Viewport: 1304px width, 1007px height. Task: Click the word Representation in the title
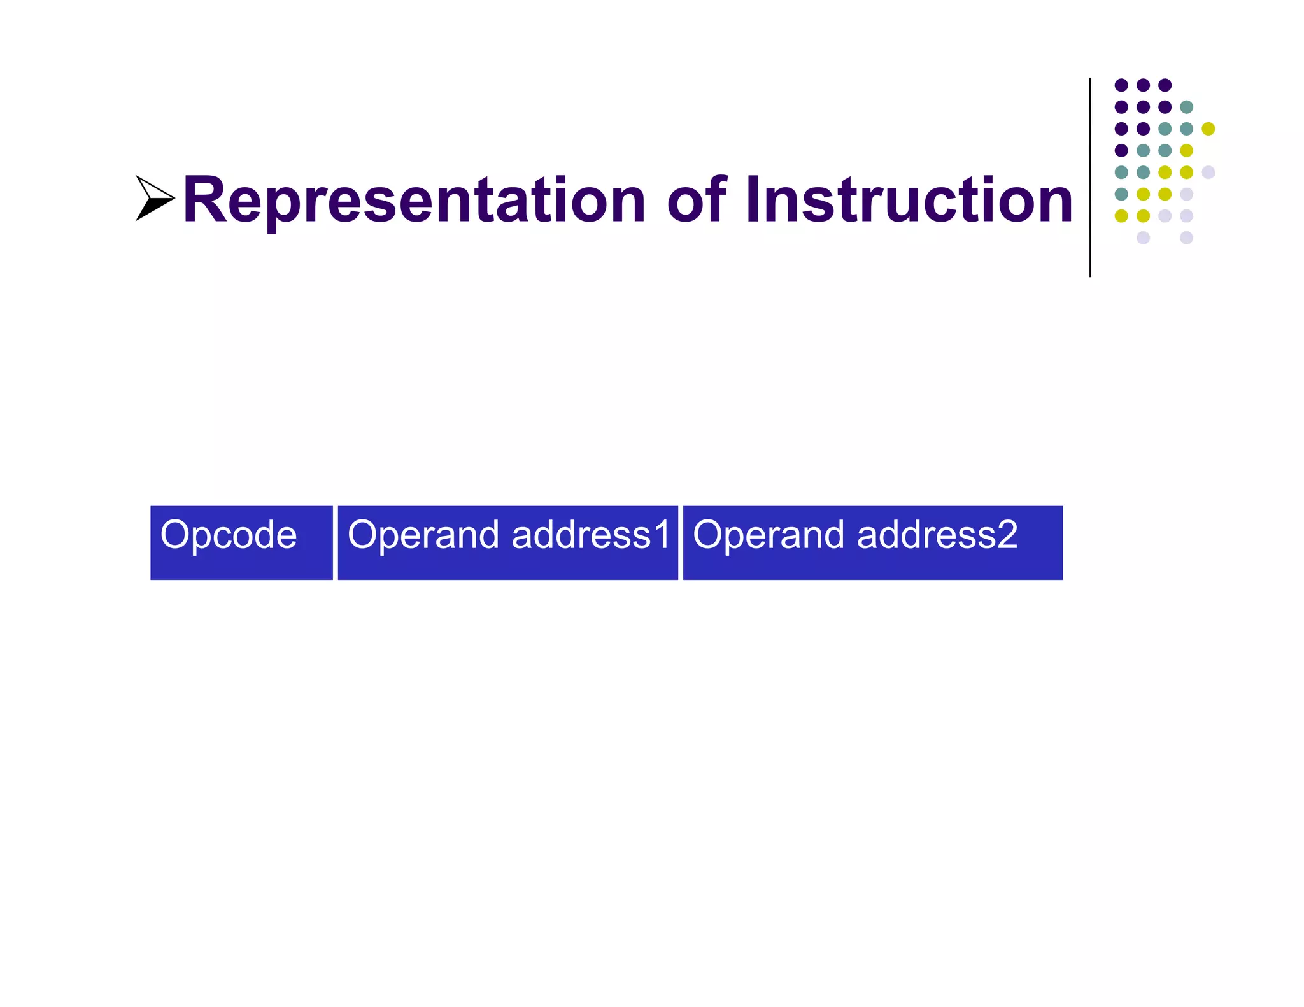tap(414, 201)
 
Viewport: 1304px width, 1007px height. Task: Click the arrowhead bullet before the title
tap(154, 199)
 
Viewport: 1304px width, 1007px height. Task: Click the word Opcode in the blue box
tap(229, 535)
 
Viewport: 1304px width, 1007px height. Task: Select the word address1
tap(592, 535)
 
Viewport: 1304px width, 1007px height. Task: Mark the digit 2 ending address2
tap(1007, 535)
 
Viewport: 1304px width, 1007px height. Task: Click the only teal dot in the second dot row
tap(1186, 107)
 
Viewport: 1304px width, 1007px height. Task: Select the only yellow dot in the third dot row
tap(1208, 129)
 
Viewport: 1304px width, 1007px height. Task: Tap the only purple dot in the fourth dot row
tap(1121, 150)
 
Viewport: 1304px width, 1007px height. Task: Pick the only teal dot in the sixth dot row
tap(1121, 194)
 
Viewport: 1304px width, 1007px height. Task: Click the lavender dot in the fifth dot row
tap(1208, 172)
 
